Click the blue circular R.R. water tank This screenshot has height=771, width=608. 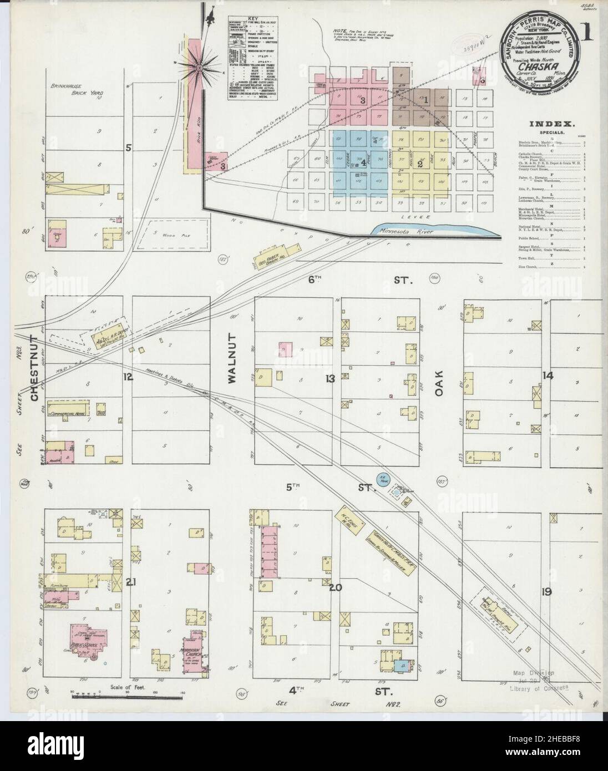point(382,478)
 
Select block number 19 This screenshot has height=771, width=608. point(547,592)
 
